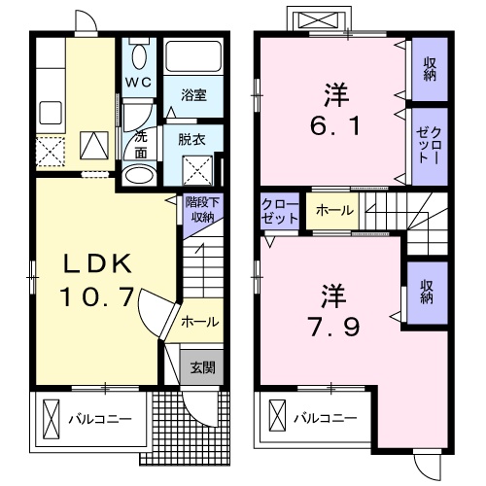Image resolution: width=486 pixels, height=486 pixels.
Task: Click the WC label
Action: click(139, 83)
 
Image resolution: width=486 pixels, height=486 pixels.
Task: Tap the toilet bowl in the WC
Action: click(139, 55)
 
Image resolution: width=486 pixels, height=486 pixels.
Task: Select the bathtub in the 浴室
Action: click(193, 55)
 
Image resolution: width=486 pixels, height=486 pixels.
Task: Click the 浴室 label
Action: click(193, 95)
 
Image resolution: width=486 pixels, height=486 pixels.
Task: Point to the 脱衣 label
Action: click(191, 140)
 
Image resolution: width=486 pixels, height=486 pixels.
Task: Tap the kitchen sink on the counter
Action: click(51, 113)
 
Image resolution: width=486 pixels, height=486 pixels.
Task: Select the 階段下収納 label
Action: click(202, 209)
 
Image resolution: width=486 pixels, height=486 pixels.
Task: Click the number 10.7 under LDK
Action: click(97, 297)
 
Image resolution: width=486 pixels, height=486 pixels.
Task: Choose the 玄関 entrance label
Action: click(202, 367)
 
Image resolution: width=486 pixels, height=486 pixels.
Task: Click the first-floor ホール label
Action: click(200, 322)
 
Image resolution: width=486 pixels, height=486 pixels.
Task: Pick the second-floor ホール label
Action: click(334, 210)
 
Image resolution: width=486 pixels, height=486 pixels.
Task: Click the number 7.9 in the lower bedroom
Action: click(334, 327)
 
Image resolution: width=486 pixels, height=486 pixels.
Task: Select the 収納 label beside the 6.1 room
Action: click(430, 69)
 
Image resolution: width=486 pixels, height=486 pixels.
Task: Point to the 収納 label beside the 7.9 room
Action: click(427, 293)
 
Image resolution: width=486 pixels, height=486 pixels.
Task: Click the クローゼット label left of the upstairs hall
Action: click(280, 211)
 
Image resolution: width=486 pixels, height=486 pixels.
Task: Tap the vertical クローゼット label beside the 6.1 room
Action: click(429, 146)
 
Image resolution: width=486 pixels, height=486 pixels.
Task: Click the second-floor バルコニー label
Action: click(326, 418)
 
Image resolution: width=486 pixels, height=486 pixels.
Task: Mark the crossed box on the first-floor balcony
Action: click(52, 419)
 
